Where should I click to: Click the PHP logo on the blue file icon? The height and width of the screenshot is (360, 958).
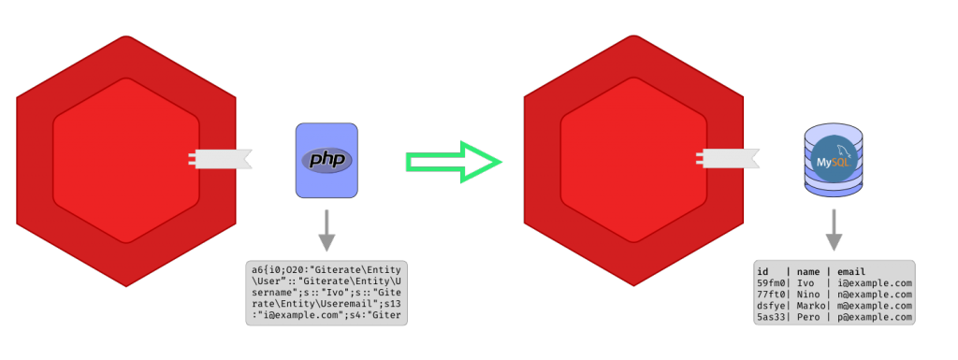point(327,160)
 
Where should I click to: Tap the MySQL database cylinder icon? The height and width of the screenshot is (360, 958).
point(833,161)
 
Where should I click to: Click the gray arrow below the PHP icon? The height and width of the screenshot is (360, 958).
point(327,231)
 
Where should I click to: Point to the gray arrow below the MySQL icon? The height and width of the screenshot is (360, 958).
point(834,230)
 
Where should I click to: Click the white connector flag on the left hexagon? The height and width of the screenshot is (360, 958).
point(222,160)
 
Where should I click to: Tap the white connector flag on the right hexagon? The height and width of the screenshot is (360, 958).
point(730,160)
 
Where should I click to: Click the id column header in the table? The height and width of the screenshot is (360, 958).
point(764,271)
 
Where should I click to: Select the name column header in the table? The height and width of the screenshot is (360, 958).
point(808,271)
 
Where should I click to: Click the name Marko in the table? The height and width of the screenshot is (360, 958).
point(811,306)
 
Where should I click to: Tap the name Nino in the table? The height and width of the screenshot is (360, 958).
point(808,295)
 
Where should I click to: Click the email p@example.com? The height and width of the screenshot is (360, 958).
point(874,318)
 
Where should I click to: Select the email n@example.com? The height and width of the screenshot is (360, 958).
point(874,295)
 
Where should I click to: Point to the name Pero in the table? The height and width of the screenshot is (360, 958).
point(808,318)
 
